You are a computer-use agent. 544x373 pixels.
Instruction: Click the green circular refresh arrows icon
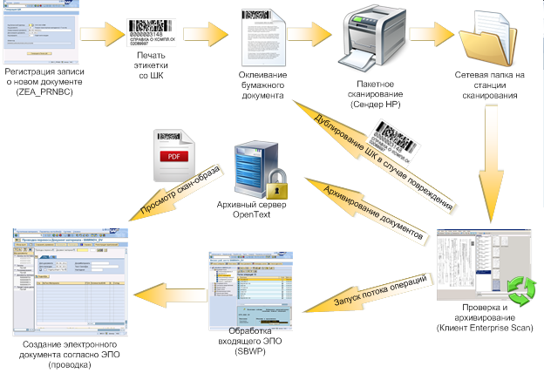520,287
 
